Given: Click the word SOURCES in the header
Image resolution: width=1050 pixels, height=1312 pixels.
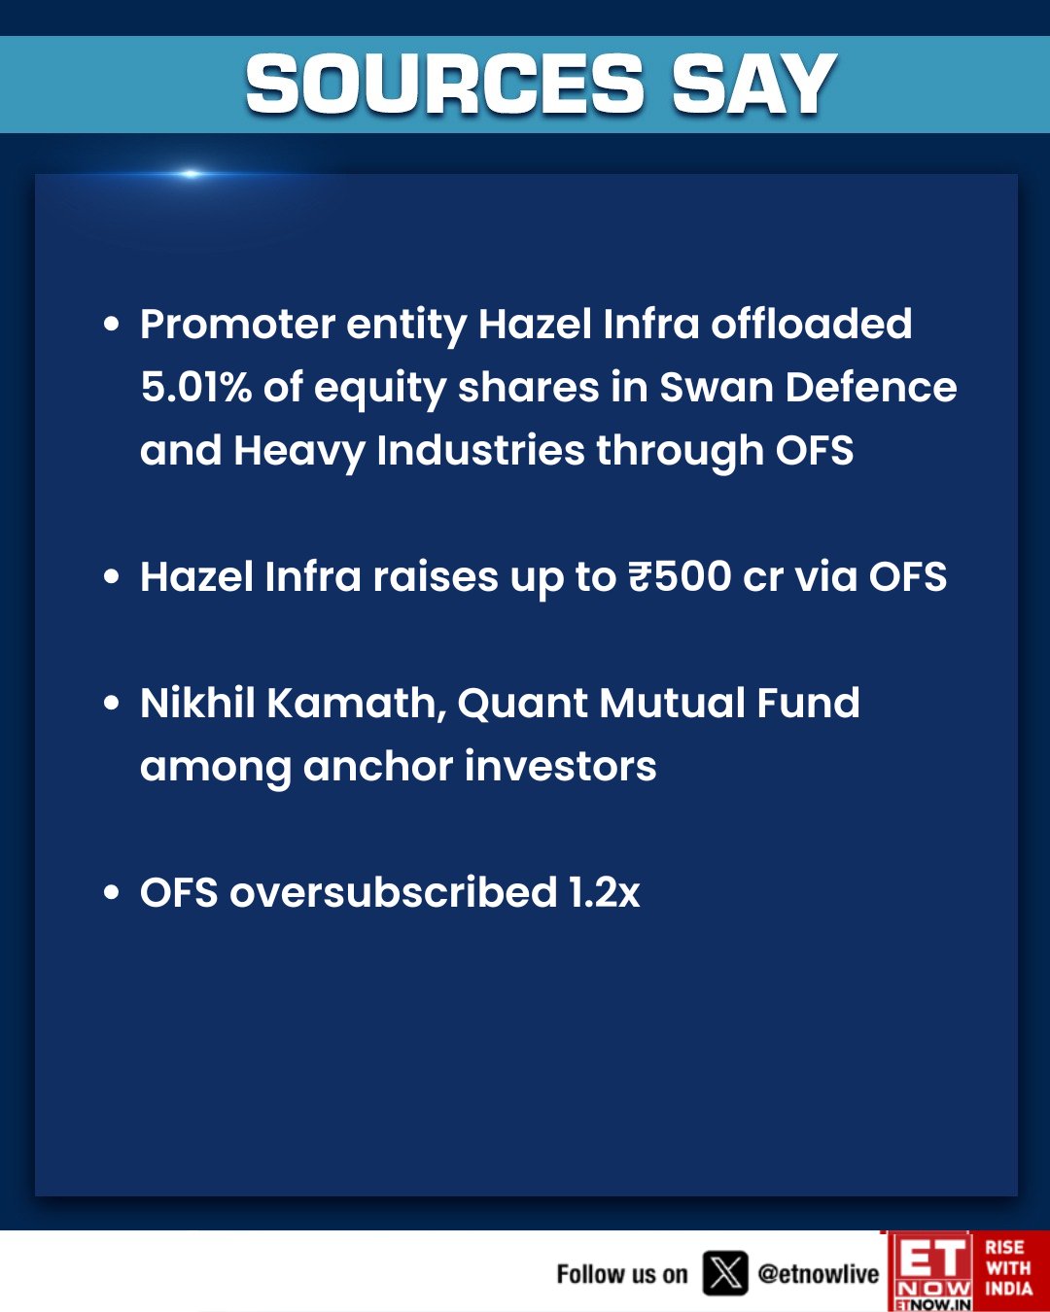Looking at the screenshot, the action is [x=444, y=84].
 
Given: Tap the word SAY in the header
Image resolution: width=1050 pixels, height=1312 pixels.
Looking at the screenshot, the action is [x=754, y=84].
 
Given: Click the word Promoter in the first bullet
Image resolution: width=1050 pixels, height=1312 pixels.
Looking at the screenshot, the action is [x=237, y=324].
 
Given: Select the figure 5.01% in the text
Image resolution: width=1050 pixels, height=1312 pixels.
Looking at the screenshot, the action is [x=195, y=387].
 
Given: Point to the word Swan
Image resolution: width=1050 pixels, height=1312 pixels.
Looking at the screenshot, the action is [x=717, y=388].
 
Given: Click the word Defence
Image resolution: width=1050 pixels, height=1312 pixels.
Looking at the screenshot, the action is [x=871, y=387].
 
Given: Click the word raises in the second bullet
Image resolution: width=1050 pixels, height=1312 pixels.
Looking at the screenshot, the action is [x=436, y=576].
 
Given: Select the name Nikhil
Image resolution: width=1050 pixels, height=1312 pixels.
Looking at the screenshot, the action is [x=197, y=703].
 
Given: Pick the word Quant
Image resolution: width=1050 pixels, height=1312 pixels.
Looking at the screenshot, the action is [x=522, y=704].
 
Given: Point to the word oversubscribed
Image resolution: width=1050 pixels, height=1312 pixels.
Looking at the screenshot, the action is [x=394, y=892].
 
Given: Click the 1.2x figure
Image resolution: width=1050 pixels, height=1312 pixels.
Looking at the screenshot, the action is [x=604, y=893].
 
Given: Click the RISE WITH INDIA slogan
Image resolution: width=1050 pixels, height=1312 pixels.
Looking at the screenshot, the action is [x=1009, y=1269].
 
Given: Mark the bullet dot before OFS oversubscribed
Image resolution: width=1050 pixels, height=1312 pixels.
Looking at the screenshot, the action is [x=111, y=892].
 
